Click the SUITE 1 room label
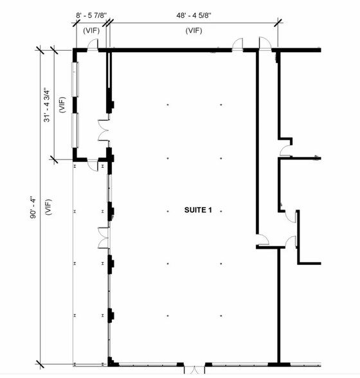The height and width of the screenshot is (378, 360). click(198, 210)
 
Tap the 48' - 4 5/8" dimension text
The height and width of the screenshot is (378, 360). click(194, 15)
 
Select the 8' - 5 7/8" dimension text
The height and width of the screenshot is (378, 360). click(91, 15)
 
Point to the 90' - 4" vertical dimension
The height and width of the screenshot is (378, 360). click(33, 207)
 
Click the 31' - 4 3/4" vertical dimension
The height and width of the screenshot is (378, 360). click(47, 105)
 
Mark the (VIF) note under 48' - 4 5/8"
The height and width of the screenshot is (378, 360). click(194, 31)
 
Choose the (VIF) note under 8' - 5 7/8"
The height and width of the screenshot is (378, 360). click(91, 31)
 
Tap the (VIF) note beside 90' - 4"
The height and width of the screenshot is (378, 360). click(48, 207)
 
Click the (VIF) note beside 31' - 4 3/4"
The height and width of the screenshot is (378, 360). click(62, 105)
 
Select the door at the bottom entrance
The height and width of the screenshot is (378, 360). click(194, 369)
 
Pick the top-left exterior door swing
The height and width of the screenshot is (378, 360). click(93, 45)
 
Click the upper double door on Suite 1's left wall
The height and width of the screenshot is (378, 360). click(104, 130)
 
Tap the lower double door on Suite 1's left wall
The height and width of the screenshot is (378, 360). click(104, 238)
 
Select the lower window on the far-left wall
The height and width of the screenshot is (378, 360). click(75, 130)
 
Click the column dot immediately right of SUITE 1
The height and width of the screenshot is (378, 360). click(221, 211)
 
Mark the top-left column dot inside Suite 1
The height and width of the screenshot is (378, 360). click(168, 105)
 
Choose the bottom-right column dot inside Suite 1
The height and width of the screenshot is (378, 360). click(221, 316)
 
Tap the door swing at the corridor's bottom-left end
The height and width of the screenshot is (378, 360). click(263, 240)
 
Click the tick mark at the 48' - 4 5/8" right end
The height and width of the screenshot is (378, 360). click(278, 22)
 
